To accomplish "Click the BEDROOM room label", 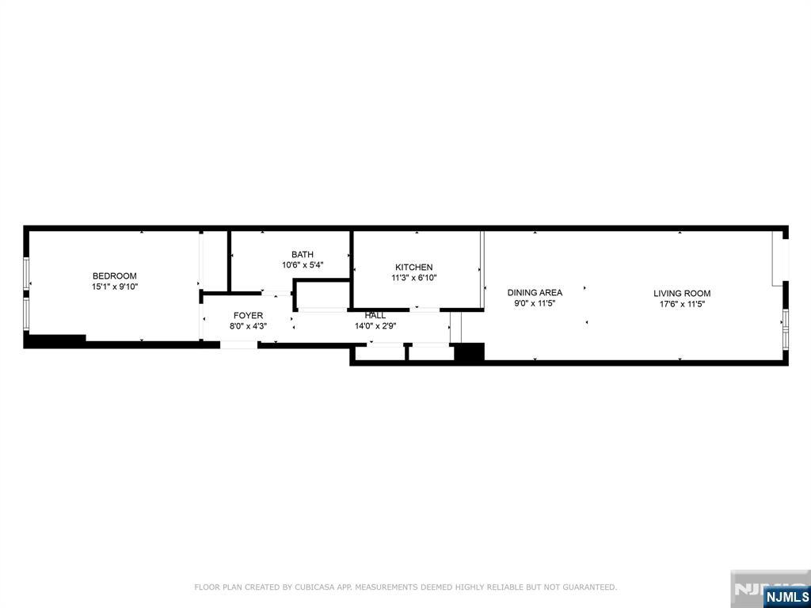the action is coord(114,276).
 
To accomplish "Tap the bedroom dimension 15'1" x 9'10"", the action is coord(115,287).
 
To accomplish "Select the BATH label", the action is coord(302,254).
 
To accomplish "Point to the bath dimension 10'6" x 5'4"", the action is coord(303,265).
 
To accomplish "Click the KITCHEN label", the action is coord(413,268).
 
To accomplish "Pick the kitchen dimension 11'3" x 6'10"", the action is coord(413,278).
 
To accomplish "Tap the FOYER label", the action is coord(248,315).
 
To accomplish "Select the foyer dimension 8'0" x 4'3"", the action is coord(248,326).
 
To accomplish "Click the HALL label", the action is coord(375,315).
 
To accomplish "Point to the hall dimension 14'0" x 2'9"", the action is coord(375,326).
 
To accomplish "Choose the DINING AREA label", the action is coord(535,293).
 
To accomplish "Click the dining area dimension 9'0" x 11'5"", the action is coord(535,304).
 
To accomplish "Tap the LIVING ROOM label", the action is coord(682,293).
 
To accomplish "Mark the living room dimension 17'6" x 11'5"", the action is coord(682,305).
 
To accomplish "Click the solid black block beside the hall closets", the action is coord(469,351).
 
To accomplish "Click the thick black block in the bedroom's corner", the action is coord(55,340).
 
